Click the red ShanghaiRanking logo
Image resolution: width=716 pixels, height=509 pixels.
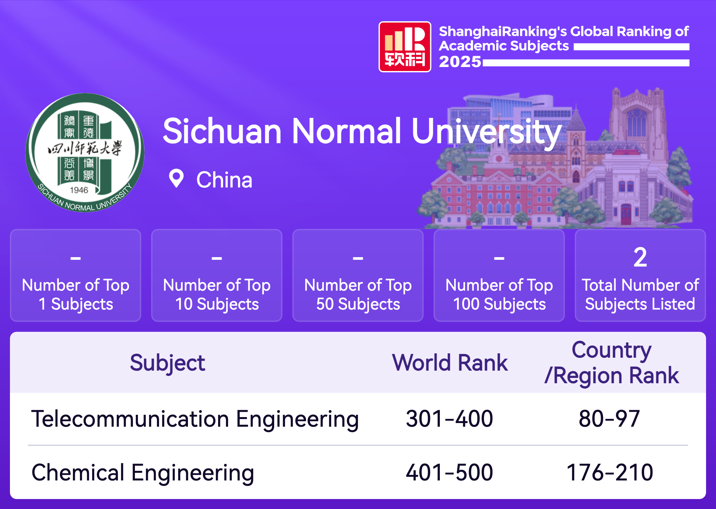pos(405,47)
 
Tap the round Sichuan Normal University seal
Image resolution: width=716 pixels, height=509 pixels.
pos(85,152)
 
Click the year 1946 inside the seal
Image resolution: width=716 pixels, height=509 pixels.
pos(79,190)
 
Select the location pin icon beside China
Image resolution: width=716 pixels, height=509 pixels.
pos(176,179)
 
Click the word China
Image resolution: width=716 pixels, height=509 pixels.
pos(224,180)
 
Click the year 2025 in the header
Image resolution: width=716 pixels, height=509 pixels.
pos(460,62)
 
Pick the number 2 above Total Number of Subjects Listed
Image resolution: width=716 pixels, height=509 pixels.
pos(640,257)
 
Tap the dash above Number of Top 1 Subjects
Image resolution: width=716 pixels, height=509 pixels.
pos(76,258)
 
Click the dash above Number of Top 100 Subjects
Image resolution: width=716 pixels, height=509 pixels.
pos(499,258)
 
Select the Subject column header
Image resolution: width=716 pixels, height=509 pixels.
pos(167,363)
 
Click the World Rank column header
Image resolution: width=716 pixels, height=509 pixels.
pos(450,363)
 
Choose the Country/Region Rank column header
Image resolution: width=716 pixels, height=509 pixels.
pos(612,363)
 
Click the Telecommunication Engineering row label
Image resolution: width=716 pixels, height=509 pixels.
pos(195,419)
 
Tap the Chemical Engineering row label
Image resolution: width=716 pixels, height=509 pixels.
pos(143,473)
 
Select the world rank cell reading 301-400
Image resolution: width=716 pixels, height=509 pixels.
pos(449,419)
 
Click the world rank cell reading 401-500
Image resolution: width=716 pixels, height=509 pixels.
pos(449,473)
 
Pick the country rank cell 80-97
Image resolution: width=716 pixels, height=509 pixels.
pos(609,419)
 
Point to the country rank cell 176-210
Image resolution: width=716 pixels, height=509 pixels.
pos(610,473)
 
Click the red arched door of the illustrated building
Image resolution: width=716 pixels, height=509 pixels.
pos(626,214)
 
